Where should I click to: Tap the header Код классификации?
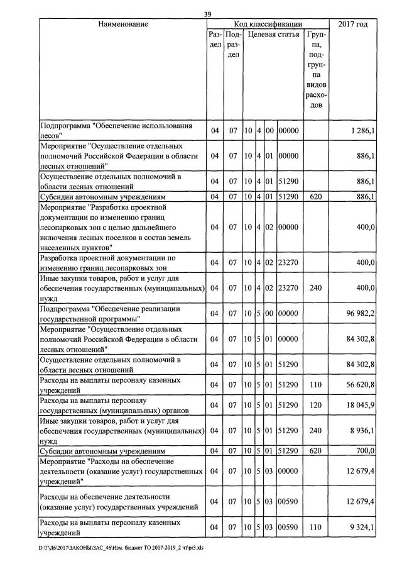268,25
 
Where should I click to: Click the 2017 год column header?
353,25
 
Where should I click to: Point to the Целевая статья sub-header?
274,35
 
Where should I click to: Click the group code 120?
316,404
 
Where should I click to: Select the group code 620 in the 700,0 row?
316,451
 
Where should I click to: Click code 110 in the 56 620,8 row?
316,386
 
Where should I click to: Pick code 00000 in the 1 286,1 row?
289,130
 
